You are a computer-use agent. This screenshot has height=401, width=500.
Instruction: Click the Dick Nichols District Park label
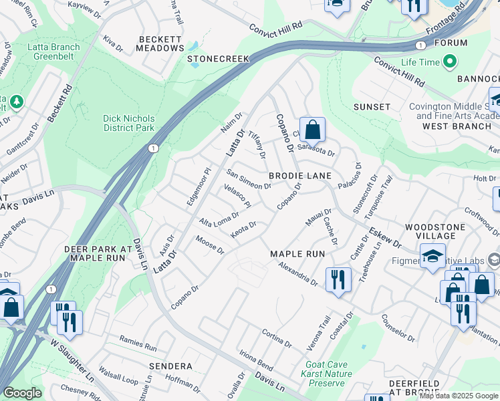tap(128, 123)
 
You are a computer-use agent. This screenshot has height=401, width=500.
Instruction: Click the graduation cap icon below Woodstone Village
tap(432, 255)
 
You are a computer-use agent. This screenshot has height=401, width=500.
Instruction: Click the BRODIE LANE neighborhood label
tap(300, 175)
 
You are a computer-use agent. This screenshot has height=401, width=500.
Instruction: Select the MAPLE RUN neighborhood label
tap(297, 254)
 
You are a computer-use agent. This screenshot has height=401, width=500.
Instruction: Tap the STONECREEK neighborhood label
tap(218, 59)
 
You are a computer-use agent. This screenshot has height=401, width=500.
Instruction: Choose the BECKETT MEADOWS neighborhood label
tap(160, 44)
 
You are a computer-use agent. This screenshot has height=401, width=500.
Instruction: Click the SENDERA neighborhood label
tap(170, 366)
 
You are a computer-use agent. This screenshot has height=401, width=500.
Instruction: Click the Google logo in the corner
tap(22, 393)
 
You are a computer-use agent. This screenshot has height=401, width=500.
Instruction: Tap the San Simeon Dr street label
tap(248, 179)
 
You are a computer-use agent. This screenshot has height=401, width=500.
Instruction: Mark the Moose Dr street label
tap(209, 245)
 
